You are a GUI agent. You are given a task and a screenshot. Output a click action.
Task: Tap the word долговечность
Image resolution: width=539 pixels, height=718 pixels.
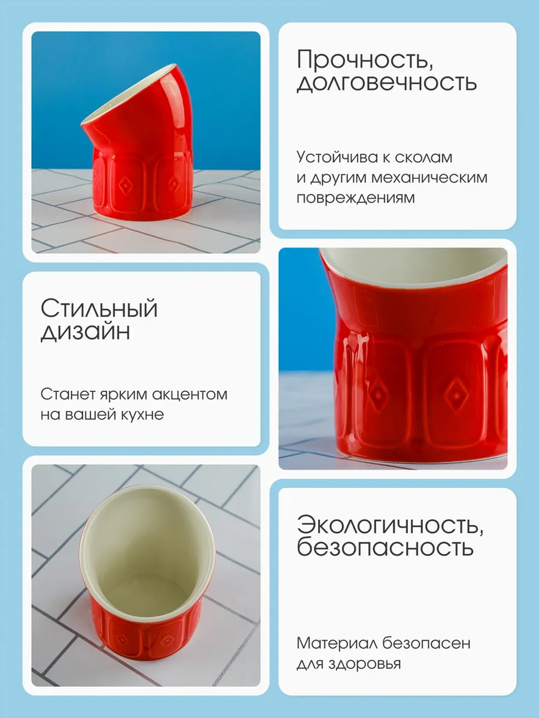[387, 83]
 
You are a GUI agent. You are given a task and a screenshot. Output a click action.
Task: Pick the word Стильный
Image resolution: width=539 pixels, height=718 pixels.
[99, 309]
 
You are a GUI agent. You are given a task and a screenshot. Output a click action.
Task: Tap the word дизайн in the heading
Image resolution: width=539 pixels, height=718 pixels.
[85, 331]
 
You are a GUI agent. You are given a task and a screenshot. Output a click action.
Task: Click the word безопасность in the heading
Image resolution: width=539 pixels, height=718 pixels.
[385, 547]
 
